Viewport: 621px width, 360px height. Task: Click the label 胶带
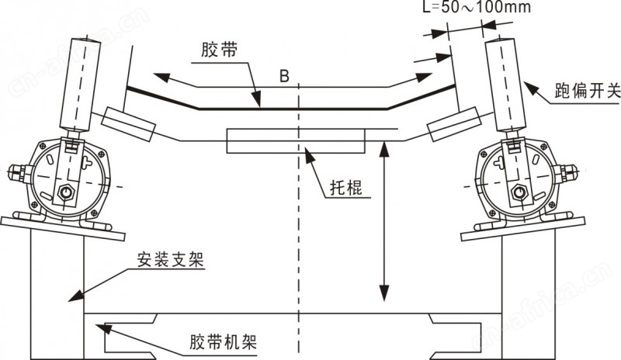coord(219,50)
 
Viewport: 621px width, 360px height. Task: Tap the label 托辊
coord(346,188)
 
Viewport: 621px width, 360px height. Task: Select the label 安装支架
coord(170,260)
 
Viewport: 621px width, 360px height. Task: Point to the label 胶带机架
coord(223,341)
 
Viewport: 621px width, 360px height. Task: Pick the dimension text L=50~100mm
coord(476,7)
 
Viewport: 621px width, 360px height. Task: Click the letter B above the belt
coord(284,75)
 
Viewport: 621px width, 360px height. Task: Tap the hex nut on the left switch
coord(66,193)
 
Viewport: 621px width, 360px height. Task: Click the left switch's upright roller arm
coord(80,85)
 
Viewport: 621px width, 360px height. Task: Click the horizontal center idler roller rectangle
coord(296,140)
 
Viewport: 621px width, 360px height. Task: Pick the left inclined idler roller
coord(128,124)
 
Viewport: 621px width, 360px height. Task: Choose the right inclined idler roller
coord(454,124)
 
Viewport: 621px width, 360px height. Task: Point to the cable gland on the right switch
coord(565,173)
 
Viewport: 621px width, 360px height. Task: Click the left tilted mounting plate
coord(63,229)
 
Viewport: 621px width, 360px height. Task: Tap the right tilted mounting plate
coord(522,229)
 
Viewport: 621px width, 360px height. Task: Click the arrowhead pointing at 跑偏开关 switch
coord(531,89)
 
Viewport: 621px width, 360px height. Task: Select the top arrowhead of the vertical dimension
coord(383,148)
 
